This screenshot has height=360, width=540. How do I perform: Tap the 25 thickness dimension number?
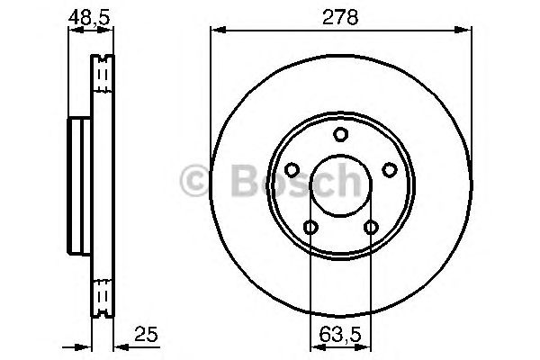(x=146, y=335)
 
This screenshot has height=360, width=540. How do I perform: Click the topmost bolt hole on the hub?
(x=340, y=135)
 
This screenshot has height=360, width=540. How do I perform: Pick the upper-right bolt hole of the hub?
(x=390, y=169)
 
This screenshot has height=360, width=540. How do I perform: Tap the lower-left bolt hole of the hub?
(x=310, y=228)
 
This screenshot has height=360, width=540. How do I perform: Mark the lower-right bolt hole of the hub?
(x=371, y=228)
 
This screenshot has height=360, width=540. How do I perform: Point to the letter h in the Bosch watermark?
(x=346, y=180)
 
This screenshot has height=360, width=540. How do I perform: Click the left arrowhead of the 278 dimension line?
(x=215, y=31)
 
